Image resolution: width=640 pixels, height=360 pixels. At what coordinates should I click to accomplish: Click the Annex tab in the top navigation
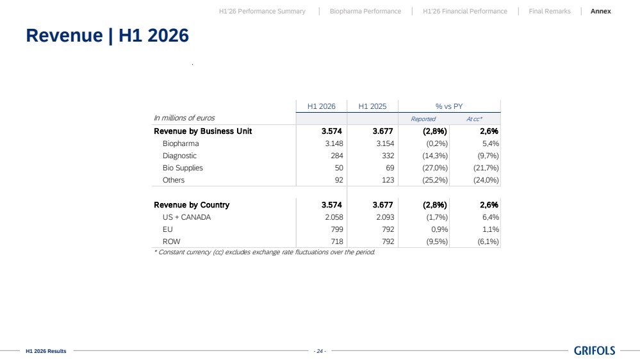(600, 12)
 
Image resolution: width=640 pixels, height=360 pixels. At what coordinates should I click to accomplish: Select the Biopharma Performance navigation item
(365, 12)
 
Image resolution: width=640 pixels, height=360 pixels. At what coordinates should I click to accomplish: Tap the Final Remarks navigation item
(550, 12)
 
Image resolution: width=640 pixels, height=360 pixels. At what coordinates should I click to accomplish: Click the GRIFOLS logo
(595, 350)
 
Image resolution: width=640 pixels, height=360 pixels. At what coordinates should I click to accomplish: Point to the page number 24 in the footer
(320, 351)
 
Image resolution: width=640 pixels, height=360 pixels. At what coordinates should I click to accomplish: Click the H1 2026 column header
(321, 106)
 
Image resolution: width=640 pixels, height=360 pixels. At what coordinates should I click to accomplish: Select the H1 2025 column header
(372, 106)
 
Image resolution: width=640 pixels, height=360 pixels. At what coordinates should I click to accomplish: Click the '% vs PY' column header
(449, 106)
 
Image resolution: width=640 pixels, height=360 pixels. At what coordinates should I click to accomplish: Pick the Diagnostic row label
(179, 156)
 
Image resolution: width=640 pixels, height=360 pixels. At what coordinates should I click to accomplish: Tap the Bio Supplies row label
(183, 168)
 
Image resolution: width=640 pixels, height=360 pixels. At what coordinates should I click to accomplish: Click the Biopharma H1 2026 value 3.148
(334, 143)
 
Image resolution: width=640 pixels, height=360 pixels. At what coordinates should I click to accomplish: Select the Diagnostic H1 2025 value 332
(388, 156)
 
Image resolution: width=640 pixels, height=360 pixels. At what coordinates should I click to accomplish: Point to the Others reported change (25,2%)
(435, 181)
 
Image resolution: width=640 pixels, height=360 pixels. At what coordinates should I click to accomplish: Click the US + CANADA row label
(186, 217)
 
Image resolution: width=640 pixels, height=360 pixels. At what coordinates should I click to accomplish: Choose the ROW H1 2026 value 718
(337, 241)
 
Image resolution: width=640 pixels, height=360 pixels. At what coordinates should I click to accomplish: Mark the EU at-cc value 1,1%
(491, 229)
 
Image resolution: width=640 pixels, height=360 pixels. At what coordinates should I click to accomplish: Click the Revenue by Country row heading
(192, 205)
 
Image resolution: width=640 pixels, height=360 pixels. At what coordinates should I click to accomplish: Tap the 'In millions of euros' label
(184, 118)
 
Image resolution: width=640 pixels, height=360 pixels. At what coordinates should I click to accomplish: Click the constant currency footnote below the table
(265, 252)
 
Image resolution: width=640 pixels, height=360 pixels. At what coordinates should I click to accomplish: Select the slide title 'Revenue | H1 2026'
(108, 35)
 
